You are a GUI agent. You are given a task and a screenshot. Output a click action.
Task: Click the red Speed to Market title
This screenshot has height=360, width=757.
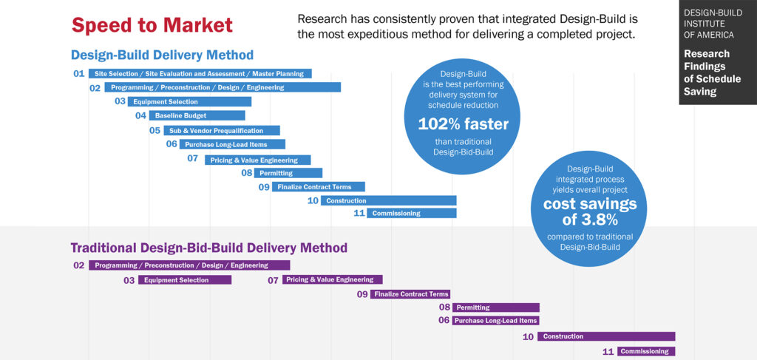pos(152,26)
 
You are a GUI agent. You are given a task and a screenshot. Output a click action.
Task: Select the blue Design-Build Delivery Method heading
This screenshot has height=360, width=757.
pos(162,55)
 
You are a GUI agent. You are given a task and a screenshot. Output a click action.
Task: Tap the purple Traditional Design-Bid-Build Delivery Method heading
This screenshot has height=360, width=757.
pos(208,248)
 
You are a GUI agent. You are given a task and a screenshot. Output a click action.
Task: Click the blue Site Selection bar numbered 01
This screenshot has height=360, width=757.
pos(200,74)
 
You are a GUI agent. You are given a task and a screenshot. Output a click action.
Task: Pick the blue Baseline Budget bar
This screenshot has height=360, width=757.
pos(197,116)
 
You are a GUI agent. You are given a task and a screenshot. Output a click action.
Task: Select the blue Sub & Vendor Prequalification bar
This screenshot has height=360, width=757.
pos(221,131)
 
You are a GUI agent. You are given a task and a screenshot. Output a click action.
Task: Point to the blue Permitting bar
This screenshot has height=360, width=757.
pos(288,173)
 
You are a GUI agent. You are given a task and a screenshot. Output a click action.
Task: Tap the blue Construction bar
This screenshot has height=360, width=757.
pos(388,200)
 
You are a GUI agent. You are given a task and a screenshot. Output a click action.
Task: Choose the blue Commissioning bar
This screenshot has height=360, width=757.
pos(411,214)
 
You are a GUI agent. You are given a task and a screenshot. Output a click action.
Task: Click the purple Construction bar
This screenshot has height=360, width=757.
pos(606,337)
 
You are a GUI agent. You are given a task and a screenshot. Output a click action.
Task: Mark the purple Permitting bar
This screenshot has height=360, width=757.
pos(495,308)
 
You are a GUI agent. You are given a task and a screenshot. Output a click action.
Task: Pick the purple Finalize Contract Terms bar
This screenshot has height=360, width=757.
pos(410,294)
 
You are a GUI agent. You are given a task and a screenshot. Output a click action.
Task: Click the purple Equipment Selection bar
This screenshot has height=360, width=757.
pos(185,280)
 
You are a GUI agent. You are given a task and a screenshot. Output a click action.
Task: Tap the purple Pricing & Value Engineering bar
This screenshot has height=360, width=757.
pos(332,280)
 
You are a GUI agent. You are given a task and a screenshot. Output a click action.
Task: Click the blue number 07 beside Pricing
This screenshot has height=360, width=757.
pos(192,159)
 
